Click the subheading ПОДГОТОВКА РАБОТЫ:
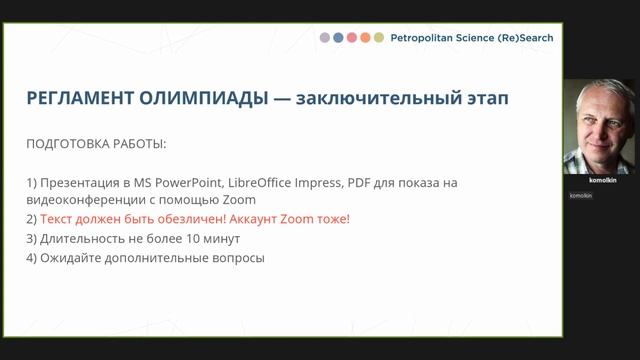coord(96,144)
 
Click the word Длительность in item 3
coord(81,239)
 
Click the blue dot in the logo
coord(339,38)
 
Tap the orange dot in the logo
coord(365,38)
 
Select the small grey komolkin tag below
coord(581,195)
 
